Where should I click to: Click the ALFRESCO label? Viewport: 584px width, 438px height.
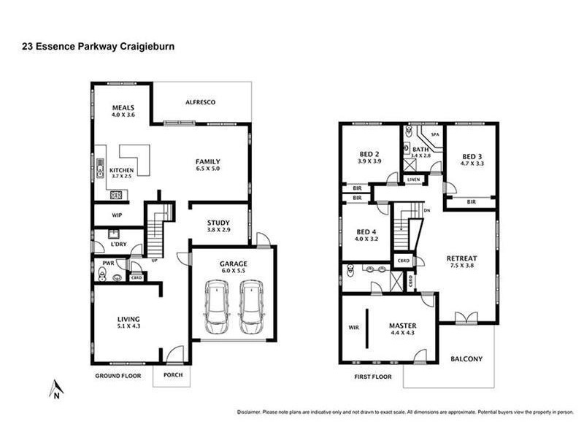tap(200, 102)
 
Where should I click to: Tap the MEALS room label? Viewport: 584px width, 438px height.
tap(122, 107)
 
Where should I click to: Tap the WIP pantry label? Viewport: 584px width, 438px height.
tap(117, 215)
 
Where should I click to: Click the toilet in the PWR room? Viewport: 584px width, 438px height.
tap(101, 274)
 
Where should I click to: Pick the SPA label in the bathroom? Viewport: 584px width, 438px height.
tap(434, 135)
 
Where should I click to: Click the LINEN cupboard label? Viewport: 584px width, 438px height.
tap(414, 180)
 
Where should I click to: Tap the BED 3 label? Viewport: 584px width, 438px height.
tap(472, 156)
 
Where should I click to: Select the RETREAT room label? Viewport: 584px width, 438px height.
tap(461, 258)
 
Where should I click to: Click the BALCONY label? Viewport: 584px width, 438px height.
tap(466, 358)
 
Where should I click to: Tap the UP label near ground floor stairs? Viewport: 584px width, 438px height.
tap(155, 260)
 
